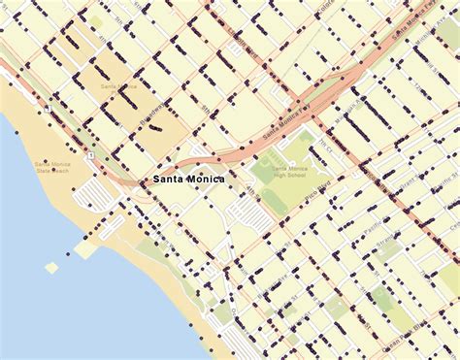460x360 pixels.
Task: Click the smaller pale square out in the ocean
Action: (51, 267)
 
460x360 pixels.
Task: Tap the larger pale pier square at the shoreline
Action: (85, 249)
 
